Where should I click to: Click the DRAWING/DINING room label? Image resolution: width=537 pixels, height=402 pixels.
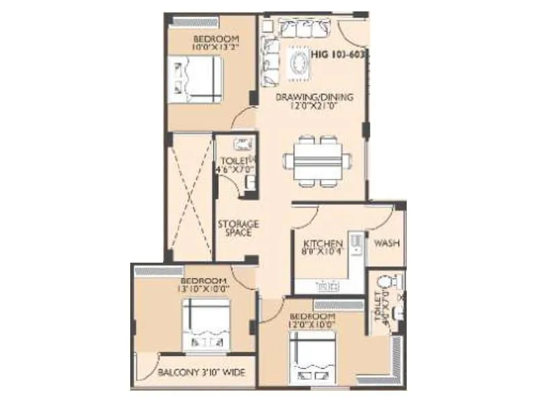tap(314, 96)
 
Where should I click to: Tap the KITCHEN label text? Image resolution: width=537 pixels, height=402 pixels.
tap(324, 243)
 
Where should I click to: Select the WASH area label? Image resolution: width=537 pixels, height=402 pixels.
tap(387, 243)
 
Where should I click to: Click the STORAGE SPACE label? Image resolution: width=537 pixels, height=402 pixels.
tap(238, 228)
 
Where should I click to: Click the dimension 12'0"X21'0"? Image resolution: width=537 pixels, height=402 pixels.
tap(314, 106)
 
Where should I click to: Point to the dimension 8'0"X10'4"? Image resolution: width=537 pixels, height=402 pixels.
tap(324, 253)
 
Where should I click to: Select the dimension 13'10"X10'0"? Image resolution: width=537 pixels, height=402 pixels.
tap(205, 289)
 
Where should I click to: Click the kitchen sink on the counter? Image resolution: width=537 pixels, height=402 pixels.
tap(327, 286)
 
